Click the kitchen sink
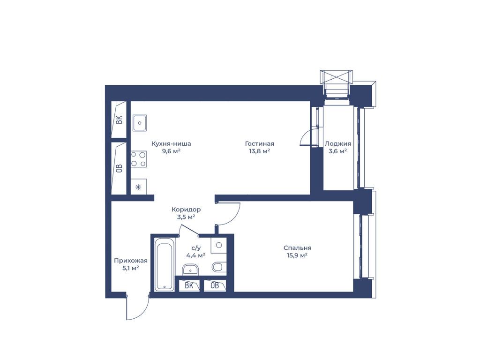[140, 123]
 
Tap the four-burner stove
[139, 159]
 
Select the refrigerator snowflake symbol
[138, 187]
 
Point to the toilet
[218, 267]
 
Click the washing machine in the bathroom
[218, 245]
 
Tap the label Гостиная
[260, 143]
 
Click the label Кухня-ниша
[172, 143]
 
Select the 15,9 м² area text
[297, 255]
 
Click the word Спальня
[297, 248]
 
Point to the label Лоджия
[338, 143]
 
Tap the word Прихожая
[131, 261]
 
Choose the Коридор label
[186, 210]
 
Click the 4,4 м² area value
[195, 255]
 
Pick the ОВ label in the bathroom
[215, 285]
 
